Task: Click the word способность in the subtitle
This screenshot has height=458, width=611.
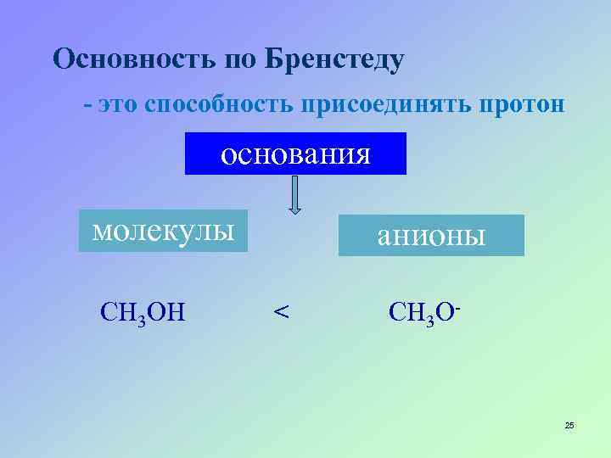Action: pyautogui.click(x=218, y=105)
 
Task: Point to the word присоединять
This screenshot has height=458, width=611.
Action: pyautogui.click(x=373, y=105)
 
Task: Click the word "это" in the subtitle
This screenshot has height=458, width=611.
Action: pyautogui.click(x=118, y=105)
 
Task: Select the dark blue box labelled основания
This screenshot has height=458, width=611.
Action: pyautogui.click(x=295, y=154)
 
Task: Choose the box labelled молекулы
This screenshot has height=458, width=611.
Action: pyautogui.click(x=163, y=231)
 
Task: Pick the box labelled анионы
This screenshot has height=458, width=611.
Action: pyautogui.click(x=431, y=235)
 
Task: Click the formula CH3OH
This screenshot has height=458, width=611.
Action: pyautogui.click(x=143, y=311)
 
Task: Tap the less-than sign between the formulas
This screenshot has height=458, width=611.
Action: pyautogui.click(x=281, y=312)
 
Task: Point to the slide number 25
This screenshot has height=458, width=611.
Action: pyautogui.click(x=569, y=425)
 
